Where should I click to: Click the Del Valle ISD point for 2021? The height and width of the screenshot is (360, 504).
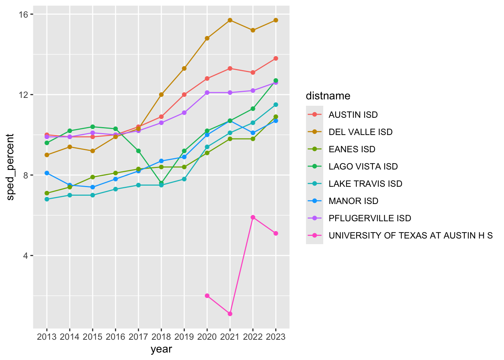click(x=230, y=20)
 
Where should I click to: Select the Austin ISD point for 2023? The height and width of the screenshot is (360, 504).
click(x=276, y=58)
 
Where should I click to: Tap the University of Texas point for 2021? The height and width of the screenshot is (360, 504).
click(x=230, y=314)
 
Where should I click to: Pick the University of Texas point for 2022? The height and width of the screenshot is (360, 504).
click(x=253, y=217)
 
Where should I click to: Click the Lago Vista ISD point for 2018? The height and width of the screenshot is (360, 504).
click(x=161, y=183)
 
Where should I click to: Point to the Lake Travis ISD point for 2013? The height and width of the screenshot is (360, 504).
click(x=47, y=199)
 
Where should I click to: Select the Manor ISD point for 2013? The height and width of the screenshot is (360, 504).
click(x=47, y=173)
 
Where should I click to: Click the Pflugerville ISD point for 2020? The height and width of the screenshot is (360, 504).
click(x=207, y=93)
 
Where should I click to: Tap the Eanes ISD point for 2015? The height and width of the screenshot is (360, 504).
click(x=93, y=177)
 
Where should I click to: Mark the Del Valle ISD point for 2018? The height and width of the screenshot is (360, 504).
click(x=161, y=94)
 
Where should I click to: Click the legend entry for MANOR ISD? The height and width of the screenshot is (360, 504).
click(x=354, y=201)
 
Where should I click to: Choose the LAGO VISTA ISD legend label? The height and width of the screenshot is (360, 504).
click(x=363, y=166)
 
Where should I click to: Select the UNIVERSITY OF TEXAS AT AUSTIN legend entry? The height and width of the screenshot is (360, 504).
click(x=411, y=235)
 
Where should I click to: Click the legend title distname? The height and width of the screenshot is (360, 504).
click(x=328, y=96)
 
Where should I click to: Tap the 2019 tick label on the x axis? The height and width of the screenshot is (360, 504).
click(x=184, y=337)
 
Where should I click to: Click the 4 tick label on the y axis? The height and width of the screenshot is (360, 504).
click(x=25, y=256)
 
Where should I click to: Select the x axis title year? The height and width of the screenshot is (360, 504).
click(x=161, y=349)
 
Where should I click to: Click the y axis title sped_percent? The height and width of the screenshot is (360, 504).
click(x=10, y=167)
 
